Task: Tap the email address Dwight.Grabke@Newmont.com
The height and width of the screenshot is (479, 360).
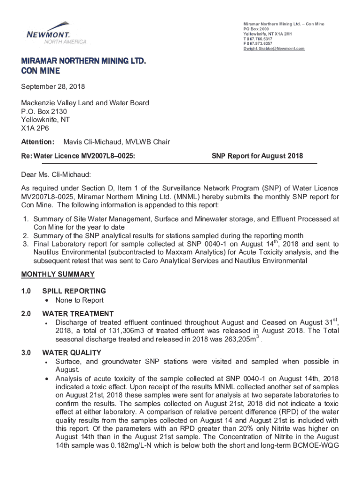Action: [274, 49]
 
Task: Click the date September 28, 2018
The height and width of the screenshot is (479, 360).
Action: [53, 87]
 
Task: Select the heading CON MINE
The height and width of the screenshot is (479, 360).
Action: [41, 71]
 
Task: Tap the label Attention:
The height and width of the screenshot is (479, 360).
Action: [37, 142]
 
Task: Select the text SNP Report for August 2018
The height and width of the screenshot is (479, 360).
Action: [263, 156]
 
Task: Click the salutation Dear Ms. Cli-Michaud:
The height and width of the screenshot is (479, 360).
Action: [56, 174]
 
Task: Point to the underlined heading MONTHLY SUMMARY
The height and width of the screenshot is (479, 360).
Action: [58, 274]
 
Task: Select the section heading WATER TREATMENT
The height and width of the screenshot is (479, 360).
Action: [78, 313]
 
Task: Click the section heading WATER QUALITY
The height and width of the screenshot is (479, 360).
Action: [72, 352]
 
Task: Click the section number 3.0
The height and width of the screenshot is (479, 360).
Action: [26, 352]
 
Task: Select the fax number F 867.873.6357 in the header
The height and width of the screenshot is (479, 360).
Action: [259, 44]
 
